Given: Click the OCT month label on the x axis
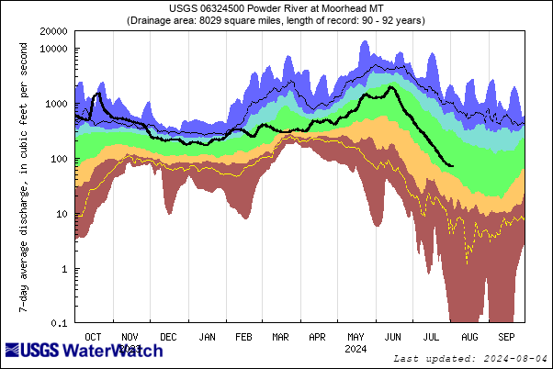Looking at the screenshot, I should pos(93,337).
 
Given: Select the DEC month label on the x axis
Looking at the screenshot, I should pos(168,337).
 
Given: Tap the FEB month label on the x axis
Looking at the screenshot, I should pos(243,337).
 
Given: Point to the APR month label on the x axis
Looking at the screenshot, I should pos(317,337).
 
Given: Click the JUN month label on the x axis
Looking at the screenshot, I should pos(392,337).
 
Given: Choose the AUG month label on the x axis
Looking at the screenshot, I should pos(468,337).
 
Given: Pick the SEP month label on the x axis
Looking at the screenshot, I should pos(506,337).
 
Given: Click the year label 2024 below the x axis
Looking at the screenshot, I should pos(354,349).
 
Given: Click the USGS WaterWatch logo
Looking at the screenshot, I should pos(85,352).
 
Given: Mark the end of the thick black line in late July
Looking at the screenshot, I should pos(451,165).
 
